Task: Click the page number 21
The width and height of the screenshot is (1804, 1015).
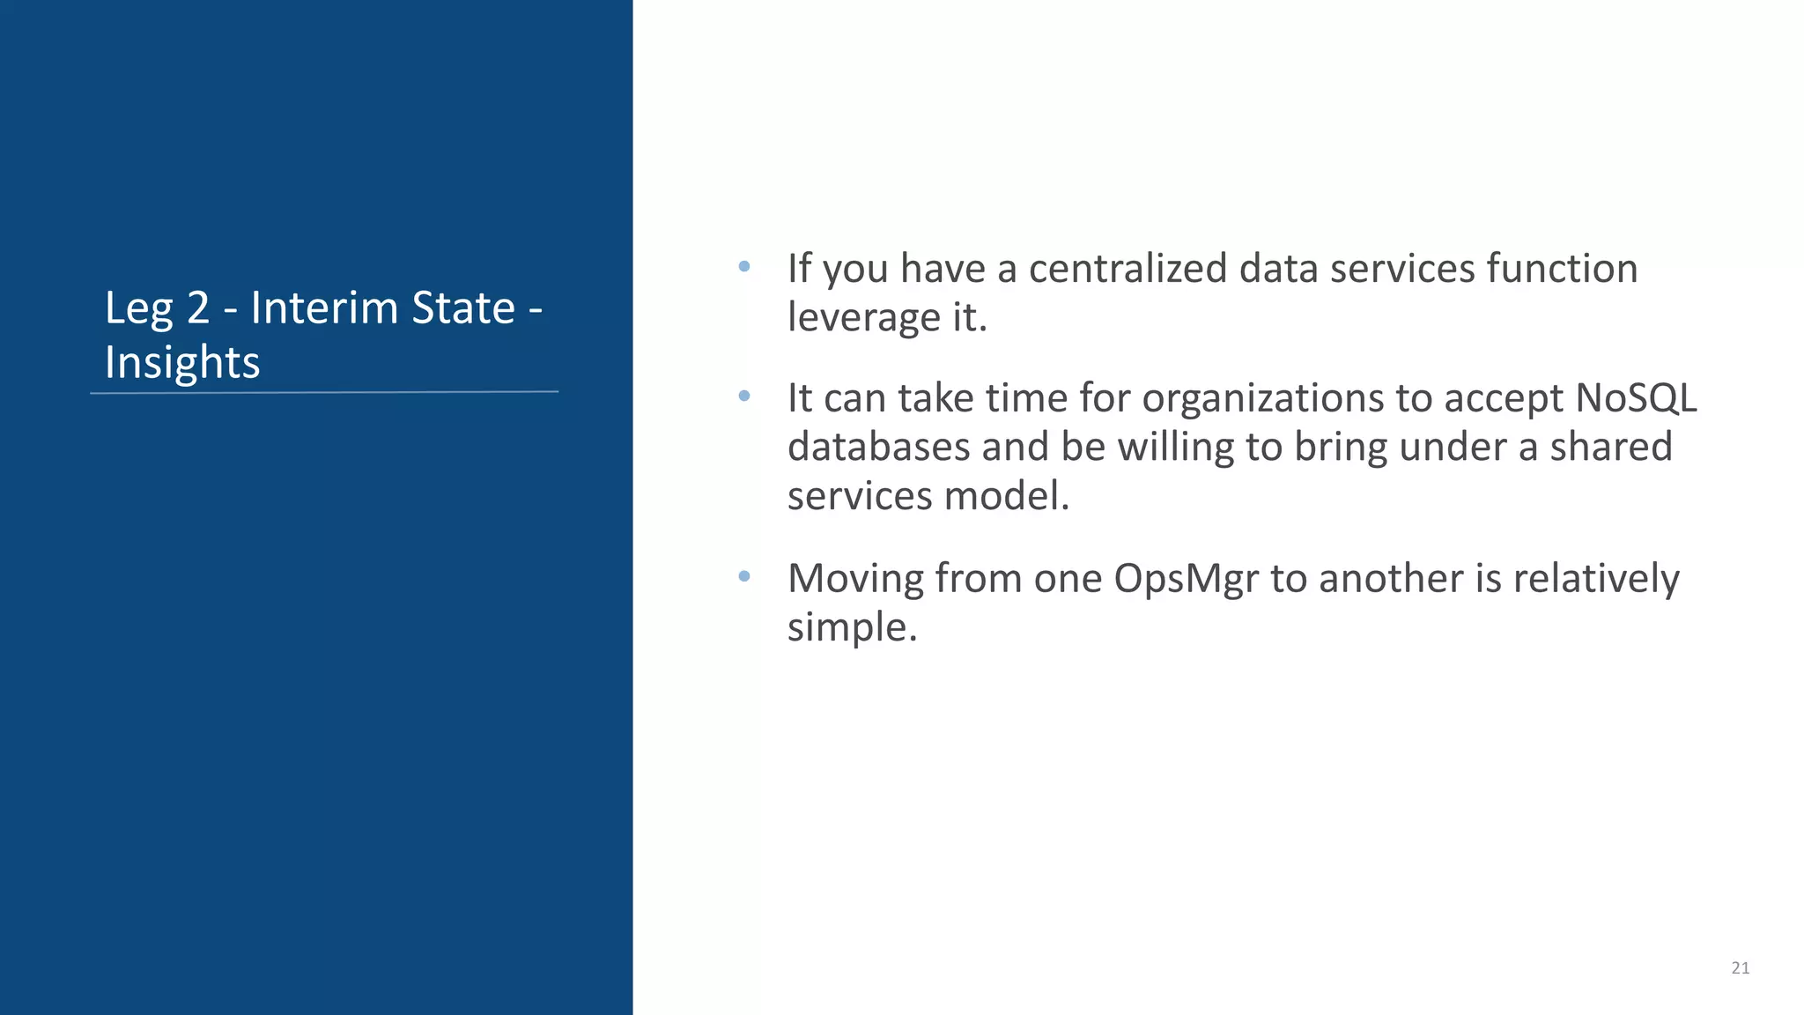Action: pyautogui.click(x=1740, y=967)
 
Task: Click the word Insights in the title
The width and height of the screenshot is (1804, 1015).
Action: pyautogui.click(x=182, y=362)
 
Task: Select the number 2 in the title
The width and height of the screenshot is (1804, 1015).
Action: pyautogui.click(x=198, y=307)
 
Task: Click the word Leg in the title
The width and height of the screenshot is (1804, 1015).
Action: pyautogui.click(x=138, y=309)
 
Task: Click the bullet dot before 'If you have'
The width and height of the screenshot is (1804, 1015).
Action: pyautogui.click(x=744, y=266)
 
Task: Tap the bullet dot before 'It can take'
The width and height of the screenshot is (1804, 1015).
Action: pyautogui.click(x=744, y=396)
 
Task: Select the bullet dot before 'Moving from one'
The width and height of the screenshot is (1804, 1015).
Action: pyautogui.click(x=744, y=576)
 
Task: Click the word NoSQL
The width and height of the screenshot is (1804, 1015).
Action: pyautogui.click(x=1636, y=397)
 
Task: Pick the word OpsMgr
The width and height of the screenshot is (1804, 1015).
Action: pyautogui.click(x=1186, y=579)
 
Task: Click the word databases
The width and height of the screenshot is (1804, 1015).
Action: pyautogui.click(x=878, y=447)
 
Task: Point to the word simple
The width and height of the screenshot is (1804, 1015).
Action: pyautogui.click(x=851, y=628)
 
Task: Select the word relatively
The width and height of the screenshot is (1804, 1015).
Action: pyautogui.click(x=1596, y=579)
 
